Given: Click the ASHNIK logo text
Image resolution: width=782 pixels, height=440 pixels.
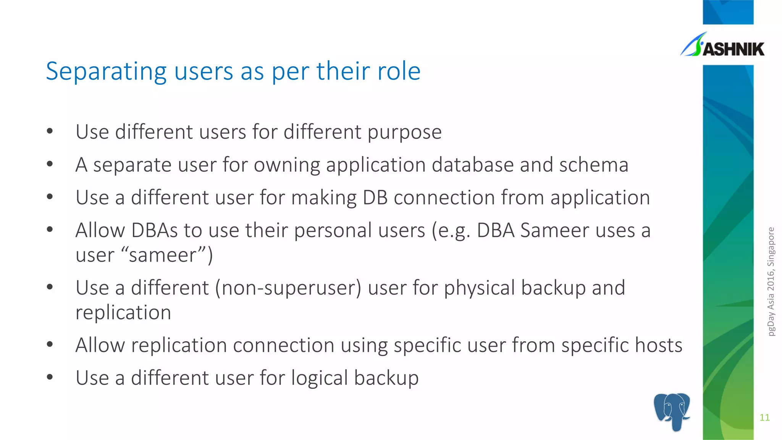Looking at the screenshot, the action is [733, 49].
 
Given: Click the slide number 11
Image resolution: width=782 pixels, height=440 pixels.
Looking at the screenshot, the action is [764, 417].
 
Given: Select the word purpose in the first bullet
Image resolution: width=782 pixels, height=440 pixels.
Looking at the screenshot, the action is [404, 133].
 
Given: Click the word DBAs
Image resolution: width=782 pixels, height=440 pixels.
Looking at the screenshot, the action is [155, 231].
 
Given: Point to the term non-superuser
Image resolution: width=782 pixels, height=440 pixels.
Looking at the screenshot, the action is [288, 288].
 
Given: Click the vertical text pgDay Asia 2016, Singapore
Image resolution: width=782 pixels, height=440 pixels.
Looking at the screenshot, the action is [771, 281].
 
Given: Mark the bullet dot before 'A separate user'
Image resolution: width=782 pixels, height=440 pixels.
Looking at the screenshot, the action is [50, 164].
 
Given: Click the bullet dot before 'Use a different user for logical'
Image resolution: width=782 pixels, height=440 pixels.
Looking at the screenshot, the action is [50, 377].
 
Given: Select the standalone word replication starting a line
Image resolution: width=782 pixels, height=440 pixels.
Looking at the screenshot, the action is [123, 313].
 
